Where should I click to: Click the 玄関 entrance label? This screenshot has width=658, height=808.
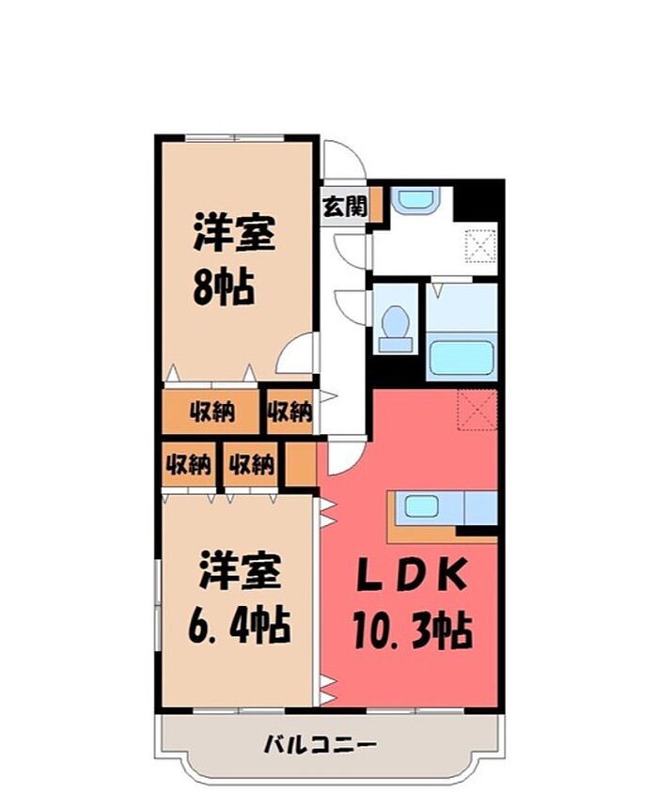[345, 207]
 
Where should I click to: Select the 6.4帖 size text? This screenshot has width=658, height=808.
[240, 626]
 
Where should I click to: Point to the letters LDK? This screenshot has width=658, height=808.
[413, 574]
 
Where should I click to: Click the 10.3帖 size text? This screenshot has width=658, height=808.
[413, 630]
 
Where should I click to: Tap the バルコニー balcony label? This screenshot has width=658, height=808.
[321, 744]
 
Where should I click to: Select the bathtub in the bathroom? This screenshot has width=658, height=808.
[462, 358]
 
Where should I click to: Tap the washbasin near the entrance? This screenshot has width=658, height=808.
[415, 199]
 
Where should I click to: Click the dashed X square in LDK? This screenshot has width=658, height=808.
[478, 409]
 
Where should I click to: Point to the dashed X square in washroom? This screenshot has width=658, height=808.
[481, 246]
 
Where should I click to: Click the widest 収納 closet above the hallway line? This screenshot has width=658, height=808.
[211, 412]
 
